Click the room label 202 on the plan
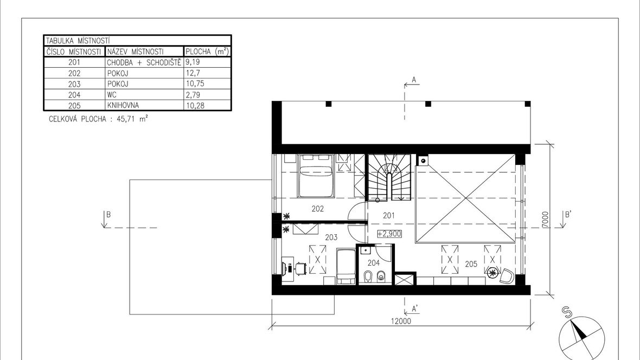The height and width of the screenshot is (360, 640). pos(317,209)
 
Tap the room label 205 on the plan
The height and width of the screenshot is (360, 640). pos(471,264)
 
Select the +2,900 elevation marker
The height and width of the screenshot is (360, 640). pos(389,234)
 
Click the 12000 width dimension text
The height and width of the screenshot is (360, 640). pos(401,321)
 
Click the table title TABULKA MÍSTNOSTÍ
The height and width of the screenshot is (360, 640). pos(78,41)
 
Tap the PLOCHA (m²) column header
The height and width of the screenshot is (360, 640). pos(207,52)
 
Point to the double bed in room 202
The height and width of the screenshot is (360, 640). pos(317,176)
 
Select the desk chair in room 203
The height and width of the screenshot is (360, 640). pos(301,268)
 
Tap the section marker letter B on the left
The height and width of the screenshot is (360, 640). pos(108,215)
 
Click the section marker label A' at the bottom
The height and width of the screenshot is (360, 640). pos(415,308)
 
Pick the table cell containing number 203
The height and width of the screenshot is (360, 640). pos(74,84)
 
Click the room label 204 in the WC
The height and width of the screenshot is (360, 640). pos(374,263)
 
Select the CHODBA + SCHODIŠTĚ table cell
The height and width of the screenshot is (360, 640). pos(144,62)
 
